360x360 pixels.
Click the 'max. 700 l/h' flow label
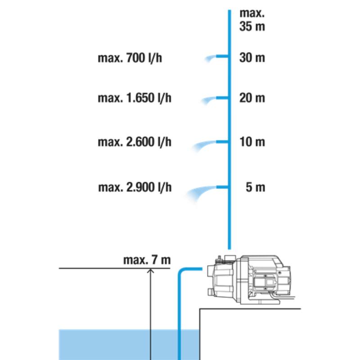[130, 58]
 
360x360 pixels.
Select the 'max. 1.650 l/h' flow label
[135, 98]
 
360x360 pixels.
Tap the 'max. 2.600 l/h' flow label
[135, 142]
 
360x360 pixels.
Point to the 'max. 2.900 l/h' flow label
[135, 187]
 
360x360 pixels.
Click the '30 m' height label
[252, 58]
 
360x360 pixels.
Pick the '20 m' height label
[252, 98]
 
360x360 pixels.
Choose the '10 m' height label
[252, 142]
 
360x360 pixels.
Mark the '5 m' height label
[256, 187]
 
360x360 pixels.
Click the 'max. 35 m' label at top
[252, 20]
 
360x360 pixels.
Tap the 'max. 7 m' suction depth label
[147, 260]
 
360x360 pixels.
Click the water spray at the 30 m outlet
[210, 59]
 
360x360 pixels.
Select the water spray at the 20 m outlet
[208, 100]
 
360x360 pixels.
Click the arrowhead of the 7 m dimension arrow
[150, 271]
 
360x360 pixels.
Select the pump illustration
[251, 279]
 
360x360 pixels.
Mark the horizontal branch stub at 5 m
[222, 187]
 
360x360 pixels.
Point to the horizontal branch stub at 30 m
[222, 56]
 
